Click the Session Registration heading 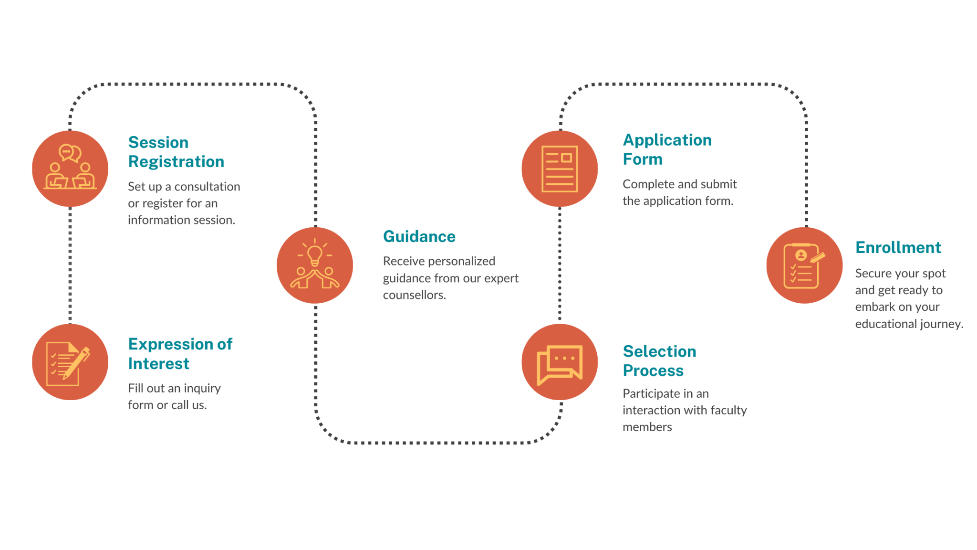pos(176,152)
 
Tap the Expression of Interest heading pos(180,354)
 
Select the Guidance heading pos(419,237)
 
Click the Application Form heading pos(667,149)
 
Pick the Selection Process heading pos(660,361)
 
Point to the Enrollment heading pos(898,247)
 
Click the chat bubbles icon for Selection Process pos(560,364)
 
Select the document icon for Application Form pos(560,169)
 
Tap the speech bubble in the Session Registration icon pos(70,153)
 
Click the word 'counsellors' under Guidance pos(414,295)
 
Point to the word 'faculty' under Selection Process pos(728,411)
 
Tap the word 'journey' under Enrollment pos(941,325)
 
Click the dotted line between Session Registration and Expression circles pos(70,265)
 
